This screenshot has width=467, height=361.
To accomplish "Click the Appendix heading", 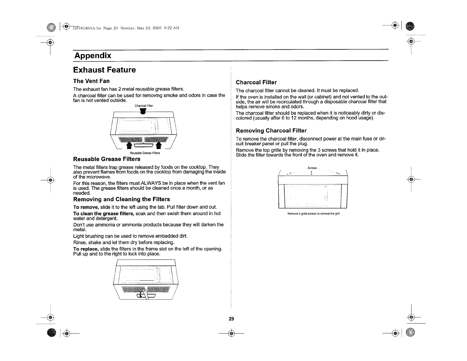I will pos(93,56).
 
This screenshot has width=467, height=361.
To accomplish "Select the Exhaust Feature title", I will pos(104,70).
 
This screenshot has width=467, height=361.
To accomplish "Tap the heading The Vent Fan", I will pos(91,81).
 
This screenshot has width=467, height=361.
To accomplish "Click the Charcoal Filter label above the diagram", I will pos(144,106).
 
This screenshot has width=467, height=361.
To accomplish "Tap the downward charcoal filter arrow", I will pos(144,111).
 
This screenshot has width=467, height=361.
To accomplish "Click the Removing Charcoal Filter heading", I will pos(271,131).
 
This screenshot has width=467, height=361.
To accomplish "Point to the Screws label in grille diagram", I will pos(312,168).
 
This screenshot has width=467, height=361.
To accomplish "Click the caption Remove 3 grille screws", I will pos(313,214).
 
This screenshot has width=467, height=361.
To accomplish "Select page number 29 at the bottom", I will pos(231,319).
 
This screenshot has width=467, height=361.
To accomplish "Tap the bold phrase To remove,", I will pos(86,207).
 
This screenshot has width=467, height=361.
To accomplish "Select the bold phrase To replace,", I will pos(86,249).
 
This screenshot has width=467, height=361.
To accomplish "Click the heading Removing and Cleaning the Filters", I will pos(122,199).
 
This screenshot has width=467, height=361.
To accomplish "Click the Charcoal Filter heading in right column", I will pos(256,82).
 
